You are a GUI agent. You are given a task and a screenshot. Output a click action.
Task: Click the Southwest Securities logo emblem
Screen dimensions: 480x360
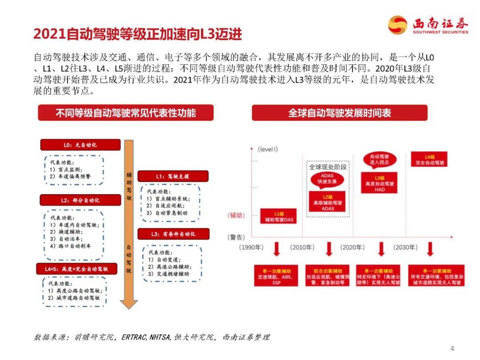pos(397,25)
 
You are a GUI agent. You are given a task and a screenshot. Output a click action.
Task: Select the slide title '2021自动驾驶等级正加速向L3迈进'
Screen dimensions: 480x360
pos(138,34)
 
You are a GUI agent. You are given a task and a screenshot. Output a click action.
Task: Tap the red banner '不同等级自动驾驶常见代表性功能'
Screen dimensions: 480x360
pos(125,112)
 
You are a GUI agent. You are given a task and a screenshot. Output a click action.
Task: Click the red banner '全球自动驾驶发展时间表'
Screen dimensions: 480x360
pos(340,112)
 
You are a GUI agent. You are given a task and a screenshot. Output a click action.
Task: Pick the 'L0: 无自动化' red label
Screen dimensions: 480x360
pos(80,145)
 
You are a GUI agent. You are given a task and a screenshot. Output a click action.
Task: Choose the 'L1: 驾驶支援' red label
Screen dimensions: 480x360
pos(172,176)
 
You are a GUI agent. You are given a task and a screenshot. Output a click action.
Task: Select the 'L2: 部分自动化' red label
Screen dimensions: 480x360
pos(80,200)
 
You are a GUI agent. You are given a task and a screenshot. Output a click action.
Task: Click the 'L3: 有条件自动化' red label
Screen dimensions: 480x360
pos(173,234)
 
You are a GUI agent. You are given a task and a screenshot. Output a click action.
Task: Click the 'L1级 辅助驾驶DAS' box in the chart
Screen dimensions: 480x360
pos(278,216)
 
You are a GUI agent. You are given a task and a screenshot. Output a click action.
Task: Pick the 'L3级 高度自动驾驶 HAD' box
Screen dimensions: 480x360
pos(379,183)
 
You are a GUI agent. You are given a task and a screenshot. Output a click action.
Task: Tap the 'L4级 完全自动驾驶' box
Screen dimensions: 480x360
pos(429,160)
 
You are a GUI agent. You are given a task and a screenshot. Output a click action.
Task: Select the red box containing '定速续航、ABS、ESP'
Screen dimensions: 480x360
pos(276,276)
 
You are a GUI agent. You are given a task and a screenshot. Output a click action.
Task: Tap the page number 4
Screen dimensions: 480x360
pos(452,348)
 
